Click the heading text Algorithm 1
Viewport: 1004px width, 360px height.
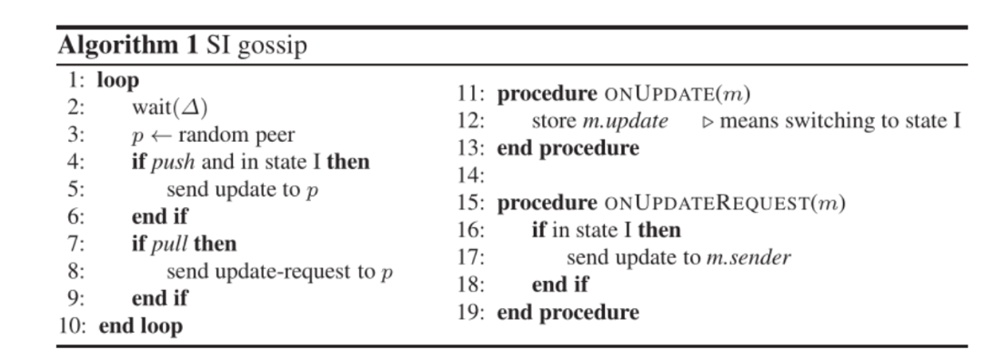128,45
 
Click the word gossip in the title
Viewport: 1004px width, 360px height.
272,47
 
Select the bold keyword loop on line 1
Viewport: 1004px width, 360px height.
118,81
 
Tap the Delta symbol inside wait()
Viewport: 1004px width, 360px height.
191,107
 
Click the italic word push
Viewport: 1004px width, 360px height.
173,163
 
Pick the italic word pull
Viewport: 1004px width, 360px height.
170,245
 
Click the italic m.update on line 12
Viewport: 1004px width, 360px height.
626,122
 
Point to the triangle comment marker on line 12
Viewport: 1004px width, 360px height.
708,123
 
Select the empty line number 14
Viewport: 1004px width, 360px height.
471,175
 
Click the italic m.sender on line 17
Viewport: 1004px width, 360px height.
748,257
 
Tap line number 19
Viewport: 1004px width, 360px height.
471,313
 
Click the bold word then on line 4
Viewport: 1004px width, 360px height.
348,163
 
